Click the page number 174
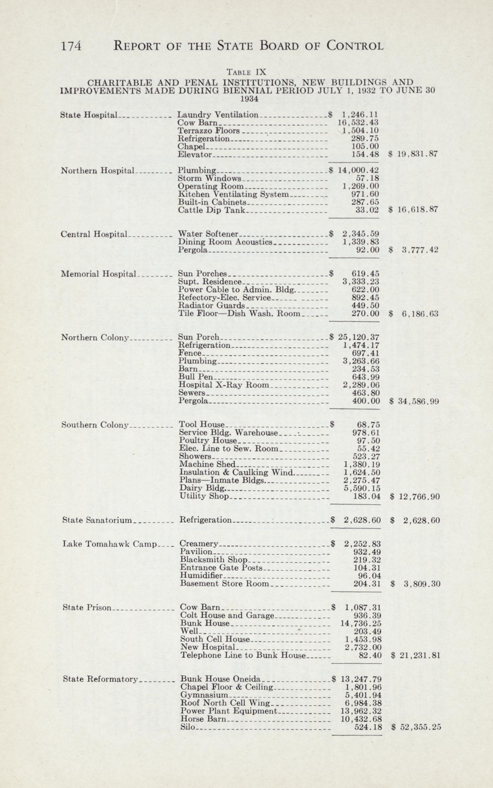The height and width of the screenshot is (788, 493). (x=71, y=46)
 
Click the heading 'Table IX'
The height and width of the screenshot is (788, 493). (x=246, y=72)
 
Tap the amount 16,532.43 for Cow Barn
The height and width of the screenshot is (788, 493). (x=358, y=123)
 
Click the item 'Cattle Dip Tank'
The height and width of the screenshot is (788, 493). (x=211, y=210)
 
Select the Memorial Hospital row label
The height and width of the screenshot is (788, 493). (x=98, y=274)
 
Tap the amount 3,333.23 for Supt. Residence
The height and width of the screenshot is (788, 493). (x=361, y=282)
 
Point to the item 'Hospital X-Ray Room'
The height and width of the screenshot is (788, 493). (x=224, y=385)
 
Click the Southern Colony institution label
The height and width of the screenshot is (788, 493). (x=96, y=425)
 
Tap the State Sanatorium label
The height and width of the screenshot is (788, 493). (x=98, y=520)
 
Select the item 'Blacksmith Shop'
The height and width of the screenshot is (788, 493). (x=214, y=560)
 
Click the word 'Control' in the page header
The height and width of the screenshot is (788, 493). (x=355, y=46)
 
